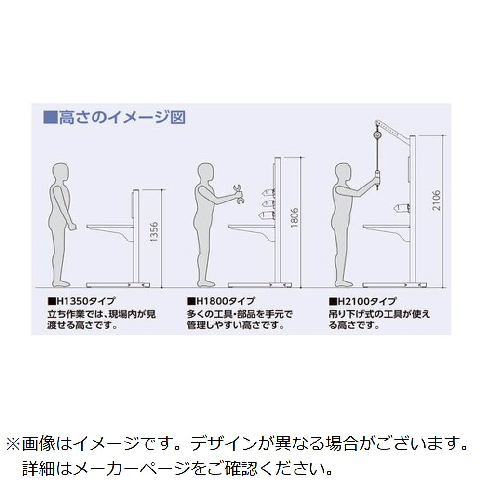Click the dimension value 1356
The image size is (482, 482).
click(154, 232)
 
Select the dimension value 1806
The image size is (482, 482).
click(295, 217)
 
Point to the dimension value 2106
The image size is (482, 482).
click(436, 200)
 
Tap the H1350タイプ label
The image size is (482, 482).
click(81, 301)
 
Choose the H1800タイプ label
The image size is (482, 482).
click(221, 301)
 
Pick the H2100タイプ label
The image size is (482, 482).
click(363, 301)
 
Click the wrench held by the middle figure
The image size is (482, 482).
click(238, 194)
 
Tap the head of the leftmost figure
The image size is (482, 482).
click(60, 173)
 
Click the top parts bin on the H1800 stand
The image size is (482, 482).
click(268, 193)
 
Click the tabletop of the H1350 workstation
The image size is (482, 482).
click(109, 227)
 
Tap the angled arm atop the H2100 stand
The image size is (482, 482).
click(394, 130)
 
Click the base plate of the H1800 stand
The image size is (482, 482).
click(259, 285)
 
